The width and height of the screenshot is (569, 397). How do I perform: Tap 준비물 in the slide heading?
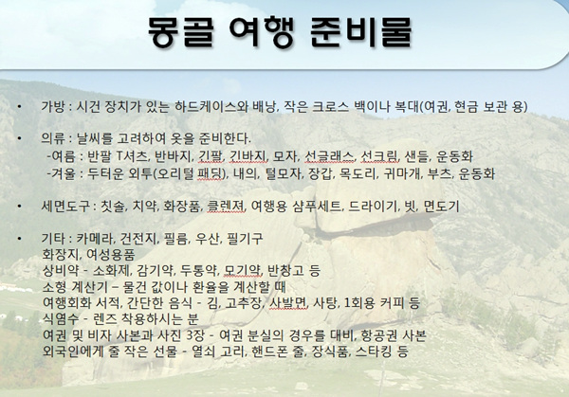point(361,32)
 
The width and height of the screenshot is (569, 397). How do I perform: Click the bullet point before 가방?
point(19,106)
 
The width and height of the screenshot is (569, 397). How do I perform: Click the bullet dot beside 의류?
point(19,138)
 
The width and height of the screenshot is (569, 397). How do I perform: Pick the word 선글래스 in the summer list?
point(329,156)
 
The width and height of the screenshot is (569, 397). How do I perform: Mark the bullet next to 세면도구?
point(19,207)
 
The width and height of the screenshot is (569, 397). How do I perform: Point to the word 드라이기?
point(374,207)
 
